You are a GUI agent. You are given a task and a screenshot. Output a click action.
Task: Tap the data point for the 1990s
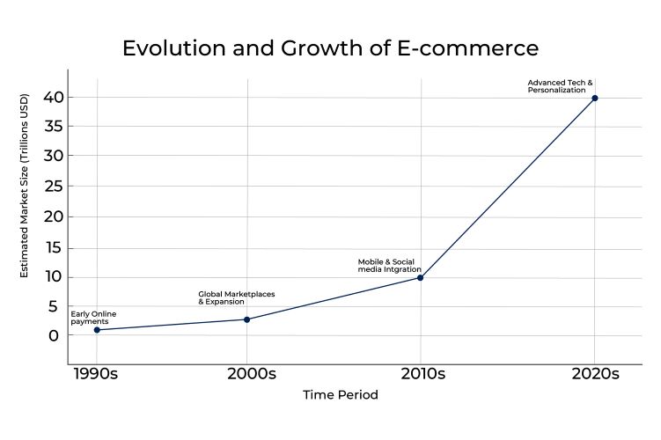click(97, 330)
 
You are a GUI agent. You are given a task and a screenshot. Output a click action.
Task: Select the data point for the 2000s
click(247, 319)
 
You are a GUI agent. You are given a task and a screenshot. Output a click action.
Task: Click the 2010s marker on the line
click(421, 278)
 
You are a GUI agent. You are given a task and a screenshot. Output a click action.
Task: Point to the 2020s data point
click(595, 98)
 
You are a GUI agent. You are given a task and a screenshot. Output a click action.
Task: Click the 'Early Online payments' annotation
click(93, 318)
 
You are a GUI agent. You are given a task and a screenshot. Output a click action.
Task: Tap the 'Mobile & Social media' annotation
click(389, 266)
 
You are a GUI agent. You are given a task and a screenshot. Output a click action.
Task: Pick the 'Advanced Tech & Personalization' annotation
click(561, 86)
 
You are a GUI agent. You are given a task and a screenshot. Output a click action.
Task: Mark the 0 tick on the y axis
click(55, 335)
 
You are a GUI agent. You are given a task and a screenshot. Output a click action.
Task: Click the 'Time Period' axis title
click(341, 395)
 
